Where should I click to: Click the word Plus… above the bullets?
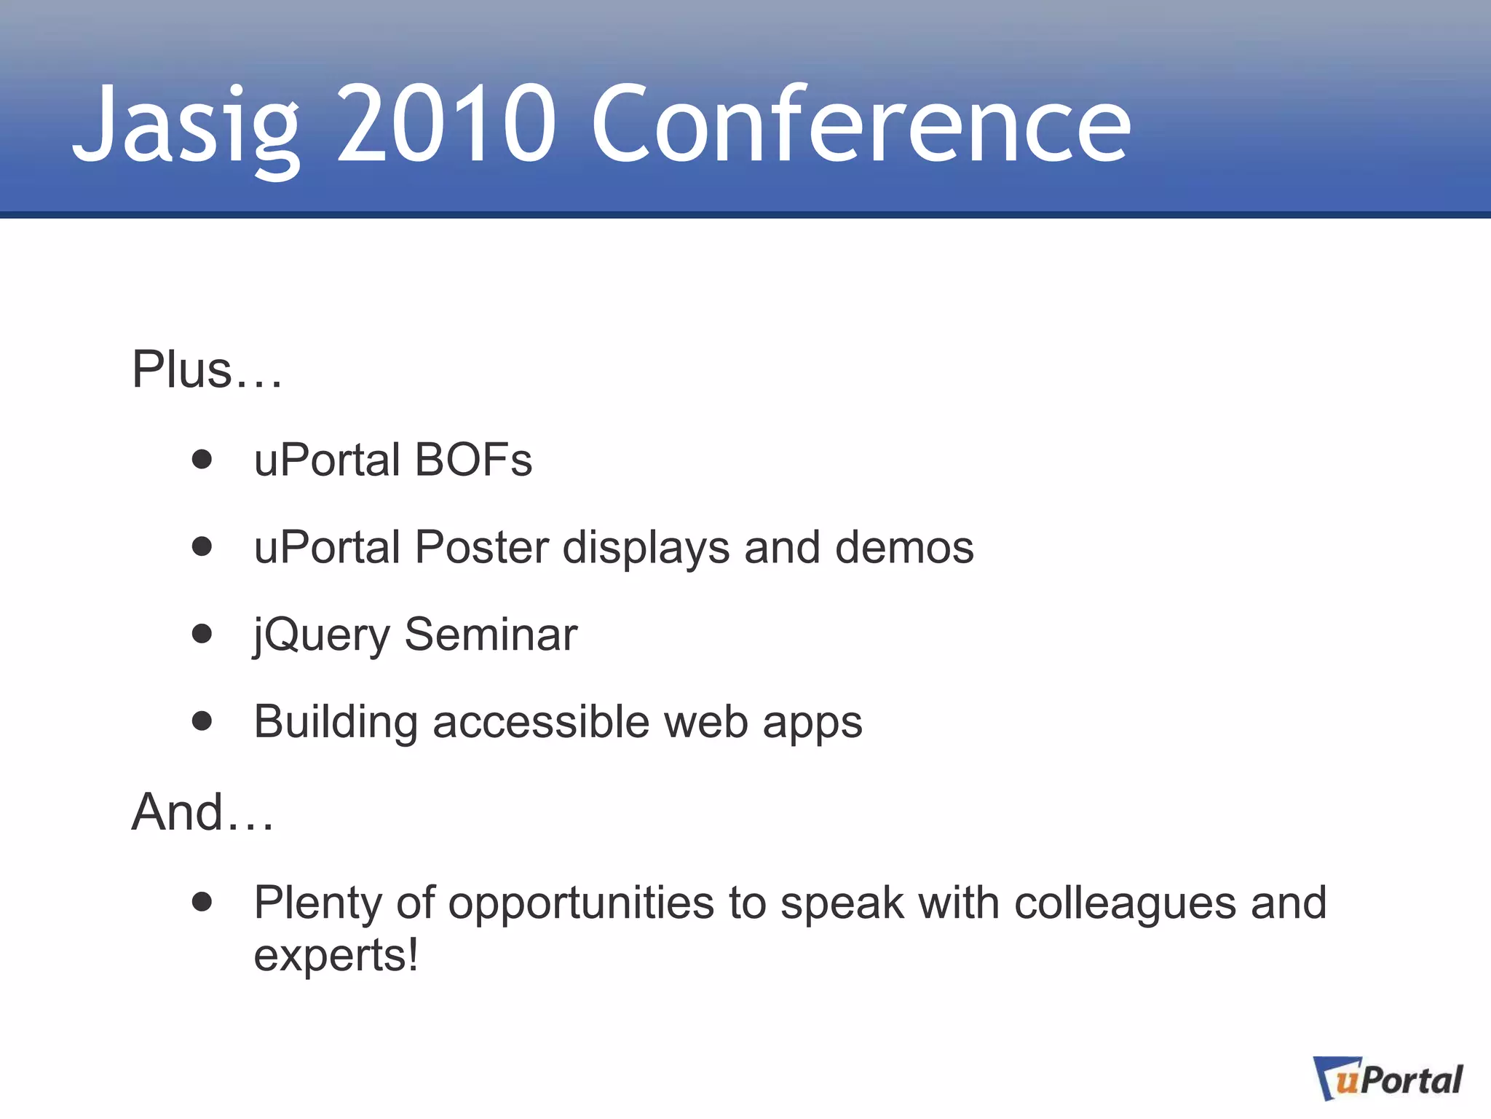pos(206,370)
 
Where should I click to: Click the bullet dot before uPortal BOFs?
pos(202,460)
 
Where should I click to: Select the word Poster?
pos(481,547)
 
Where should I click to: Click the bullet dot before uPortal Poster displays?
pos(202,546)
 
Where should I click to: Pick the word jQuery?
pos(322,635)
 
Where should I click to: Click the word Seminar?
pos(490,635)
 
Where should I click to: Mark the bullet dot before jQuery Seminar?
pos(202,634)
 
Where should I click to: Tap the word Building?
pos(336,722)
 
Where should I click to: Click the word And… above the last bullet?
pos(202,812)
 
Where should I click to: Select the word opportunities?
pos(581,904)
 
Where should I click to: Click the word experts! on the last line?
pos(336,955)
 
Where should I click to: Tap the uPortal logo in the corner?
pos(1388,1079)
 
